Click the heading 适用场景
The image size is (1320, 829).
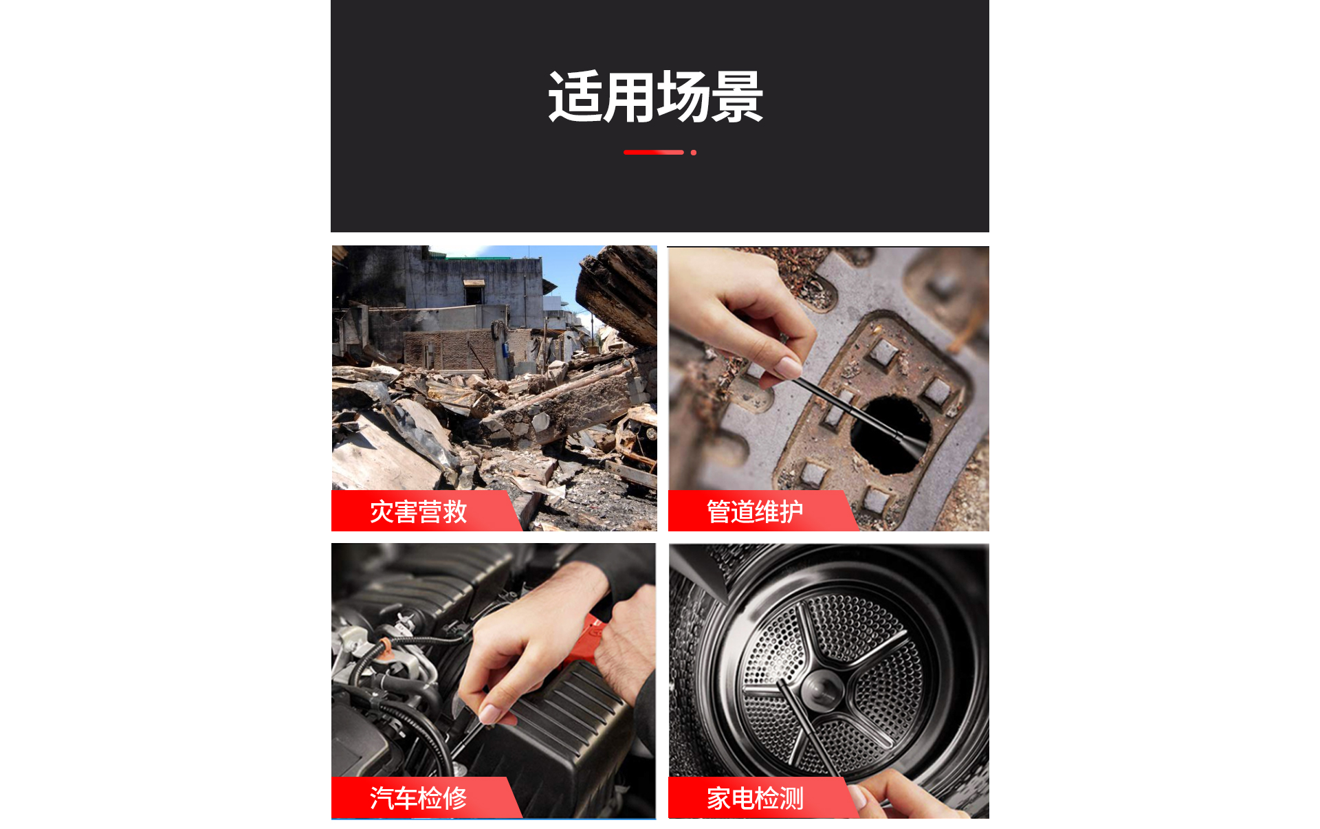656,97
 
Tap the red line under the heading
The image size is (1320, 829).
653,153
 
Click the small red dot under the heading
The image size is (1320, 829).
694,153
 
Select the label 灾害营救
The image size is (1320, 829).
419,512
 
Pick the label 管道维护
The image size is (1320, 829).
755,512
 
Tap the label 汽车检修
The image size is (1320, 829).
419,798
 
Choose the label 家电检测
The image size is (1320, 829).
755,798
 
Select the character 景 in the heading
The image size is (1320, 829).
738,97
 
